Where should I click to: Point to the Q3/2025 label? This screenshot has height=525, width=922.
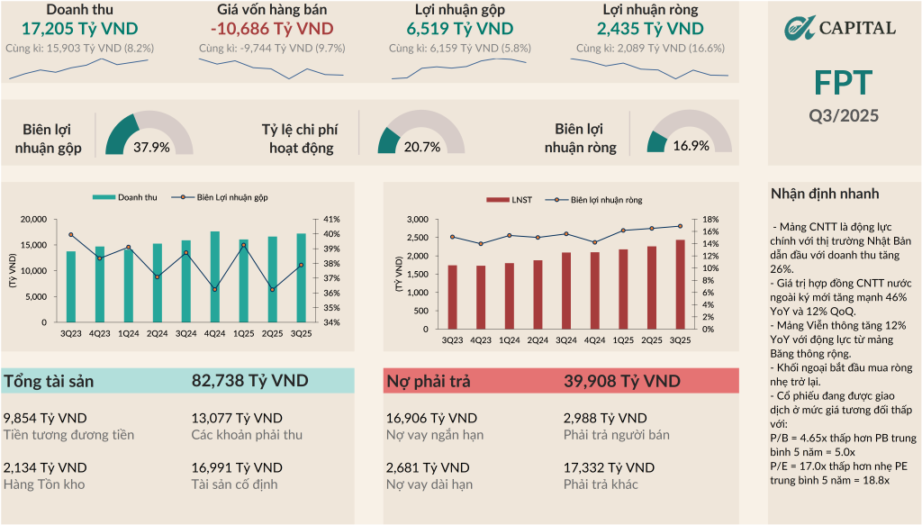pyautogui.click(x=843, y=115)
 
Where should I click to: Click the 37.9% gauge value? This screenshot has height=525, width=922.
pyautogui.click(x=151, y=147)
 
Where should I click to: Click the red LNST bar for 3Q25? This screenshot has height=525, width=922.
pyautogui.click(x=681, y=285)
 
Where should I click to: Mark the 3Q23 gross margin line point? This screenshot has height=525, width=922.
pyautogui.click(x=71, y=235)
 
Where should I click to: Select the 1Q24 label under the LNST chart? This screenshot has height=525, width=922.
pyautogui.click(x=509, y=339)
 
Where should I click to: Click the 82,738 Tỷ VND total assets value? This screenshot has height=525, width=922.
pyautogui.click(x=249, y=381)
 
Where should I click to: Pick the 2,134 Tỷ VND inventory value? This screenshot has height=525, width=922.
pyautogui.click(x=45, y=467)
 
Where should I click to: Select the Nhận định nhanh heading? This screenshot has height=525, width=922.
pyautogui.click(x=825, y=194)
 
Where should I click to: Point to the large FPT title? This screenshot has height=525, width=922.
pyautogui.click(x=843, y=83)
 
